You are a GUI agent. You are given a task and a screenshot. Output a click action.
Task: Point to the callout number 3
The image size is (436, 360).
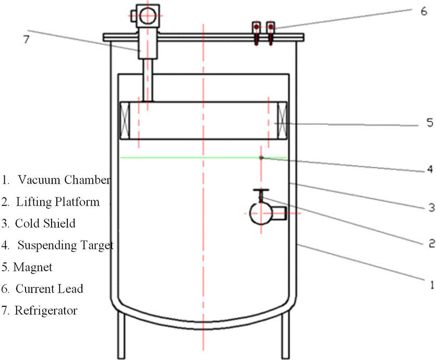coord(431,207)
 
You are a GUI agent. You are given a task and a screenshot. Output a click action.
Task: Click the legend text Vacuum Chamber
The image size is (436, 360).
coord(64,181)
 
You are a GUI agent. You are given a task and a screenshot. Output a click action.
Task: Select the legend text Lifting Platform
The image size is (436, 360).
coord(57,202)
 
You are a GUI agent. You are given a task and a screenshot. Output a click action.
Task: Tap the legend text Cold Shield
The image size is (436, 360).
coord(45,223)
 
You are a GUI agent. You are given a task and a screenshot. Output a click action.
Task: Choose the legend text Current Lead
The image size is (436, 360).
coord(49,289)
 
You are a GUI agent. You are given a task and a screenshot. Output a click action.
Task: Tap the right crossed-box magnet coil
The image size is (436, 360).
coord(282,121)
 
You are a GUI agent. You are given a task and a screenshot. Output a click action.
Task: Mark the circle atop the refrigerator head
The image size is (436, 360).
coord(148,17)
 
